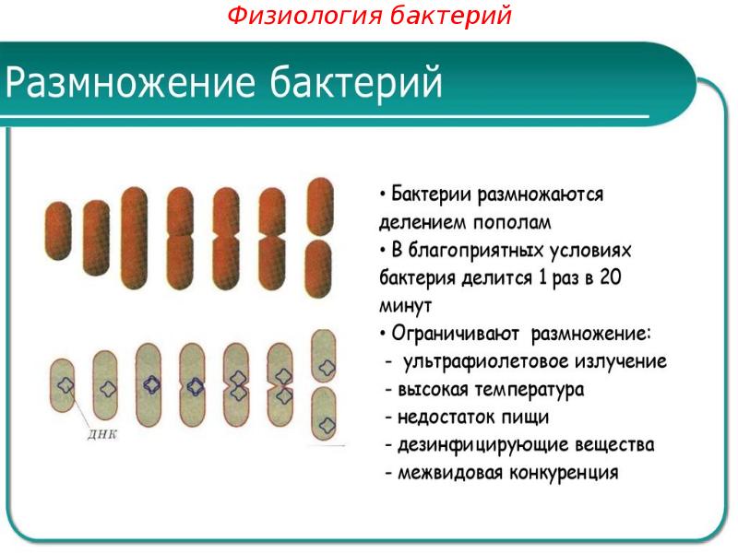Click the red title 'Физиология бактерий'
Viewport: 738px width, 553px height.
pos(369,16)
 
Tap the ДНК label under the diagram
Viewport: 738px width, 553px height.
pos(103,434)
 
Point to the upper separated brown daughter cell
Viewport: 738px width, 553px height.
pos(319,206)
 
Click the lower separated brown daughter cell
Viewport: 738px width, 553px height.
pos(319,269)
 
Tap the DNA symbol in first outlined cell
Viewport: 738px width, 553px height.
pos(65,386)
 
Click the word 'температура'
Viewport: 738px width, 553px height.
pos(530,390)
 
